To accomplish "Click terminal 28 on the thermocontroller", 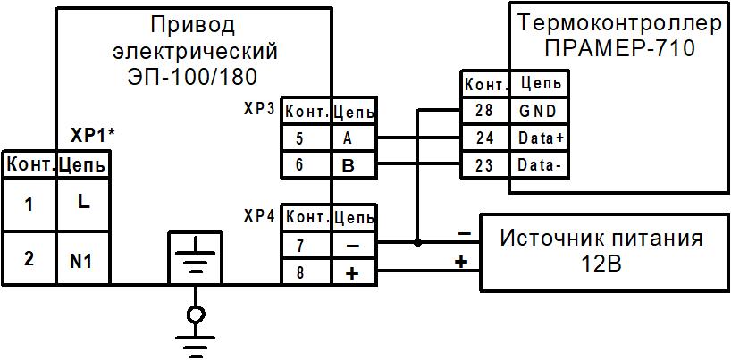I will tap(485, 111).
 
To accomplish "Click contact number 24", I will tap(485, 138).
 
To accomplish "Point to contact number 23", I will tap(485, 165).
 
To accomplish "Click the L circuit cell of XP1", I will tap(83, 203).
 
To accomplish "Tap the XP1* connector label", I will tap(94, 136).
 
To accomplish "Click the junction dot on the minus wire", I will tap(418, 242).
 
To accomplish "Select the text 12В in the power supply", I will tap(600, 266).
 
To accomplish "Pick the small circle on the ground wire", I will tap(194, 314).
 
